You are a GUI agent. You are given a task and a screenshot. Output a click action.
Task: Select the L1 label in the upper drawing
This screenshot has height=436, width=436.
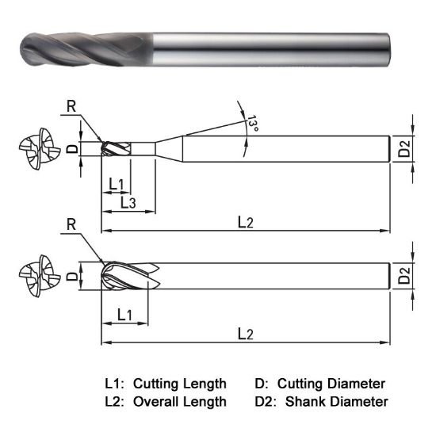pyautogui.click(x=116, y=185)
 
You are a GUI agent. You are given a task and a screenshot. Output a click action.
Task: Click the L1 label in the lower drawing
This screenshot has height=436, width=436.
pyautogui.click(x=124, y=315)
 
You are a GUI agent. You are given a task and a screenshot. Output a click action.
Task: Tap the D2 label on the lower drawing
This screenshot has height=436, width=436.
pyautogui.click(x=404, y=277)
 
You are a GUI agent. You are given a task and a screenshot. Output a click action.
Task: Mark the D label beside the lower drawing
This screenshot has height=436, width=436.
pyautogui.click(x=71, y=277)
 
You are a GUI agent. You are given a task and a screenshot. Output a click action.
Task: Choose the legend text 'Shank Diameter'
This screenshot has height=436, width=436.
pyautogui.click(x=338, y=402)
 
